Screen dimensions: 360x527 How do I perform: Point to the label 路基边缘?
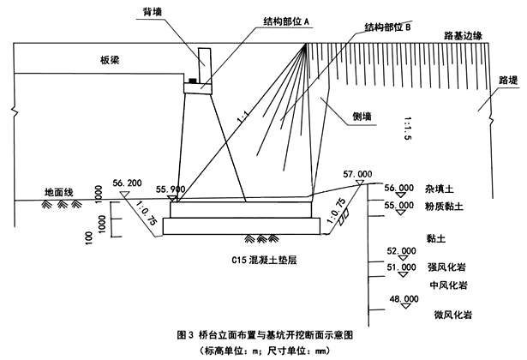pos(468,37)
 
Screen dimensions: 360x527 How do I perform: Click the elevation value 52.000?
pos(401,250)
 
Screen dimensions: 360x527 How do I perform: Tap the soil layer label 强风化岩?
pos(446,267)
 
